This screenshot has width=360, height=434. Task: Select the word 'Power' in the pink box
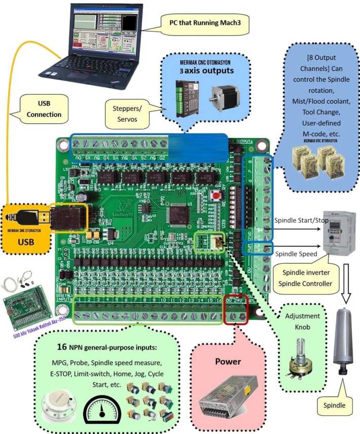point(227,362)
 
